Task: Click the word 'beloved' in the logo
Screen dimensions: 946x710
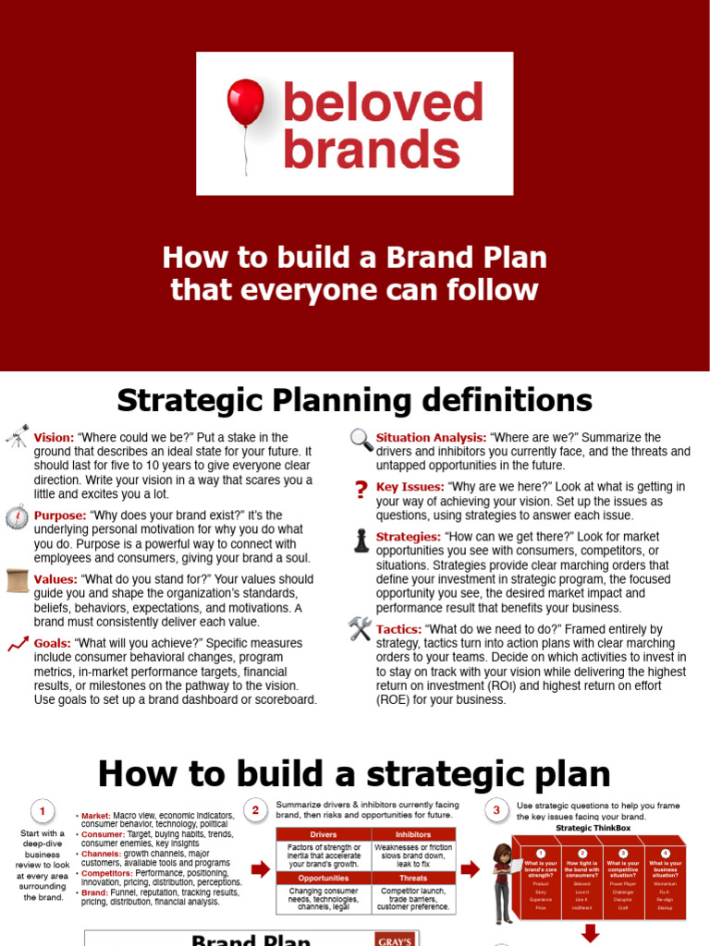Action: click(383, 103)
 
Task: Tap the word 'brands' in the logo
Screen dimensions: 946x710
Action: click(372, 150)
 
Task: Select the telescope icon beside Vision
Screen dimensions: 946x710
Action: click(17, 436)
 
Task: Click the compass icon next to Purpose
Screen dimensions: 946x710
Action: click(17, 516)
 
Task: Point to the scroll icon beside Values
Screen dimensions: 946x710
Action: click(17, 580)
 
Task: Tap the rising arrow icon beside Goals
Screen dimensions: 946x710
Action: click(17, 644)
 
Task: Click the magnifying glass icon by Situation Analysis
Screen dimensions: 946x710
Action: click(361, 440)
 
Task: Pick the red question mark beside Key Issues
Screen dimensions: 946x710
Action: click(361, 490)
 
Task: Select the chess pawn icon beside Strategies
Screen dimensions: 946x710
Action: click(361, 540)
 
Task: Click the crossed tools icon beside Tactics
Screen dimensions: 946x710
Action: click(361, 630)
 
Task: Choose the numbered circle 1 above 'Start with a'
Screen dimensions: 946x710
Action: click(42, 812)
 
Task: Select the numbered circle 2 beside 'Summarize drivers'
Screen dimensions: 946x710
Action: click(256, 811)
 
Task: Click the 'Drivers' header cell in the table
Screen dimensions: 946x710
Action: click(323, 834)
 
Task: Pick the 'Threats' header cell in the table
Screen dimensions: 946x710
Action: click(412, 879)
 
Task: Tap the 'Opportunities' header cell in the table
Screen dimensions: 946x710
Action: click(323, 879)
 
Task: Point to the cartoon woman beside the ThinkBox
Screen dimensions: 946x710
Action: click(503, 882)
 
